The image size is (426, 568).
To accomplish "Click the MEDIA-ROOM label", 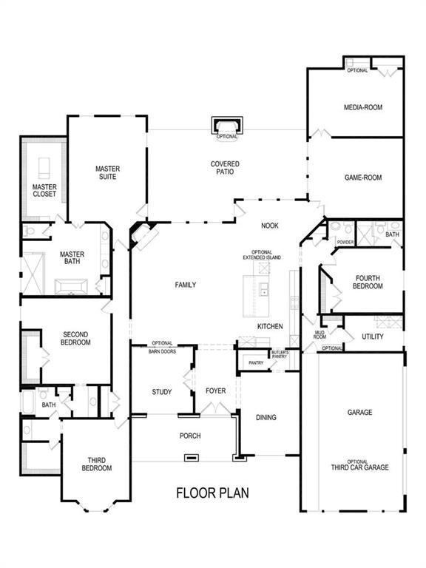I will pos(362,107).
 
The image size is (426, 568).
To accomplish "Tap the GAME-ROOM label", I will pos(362,177).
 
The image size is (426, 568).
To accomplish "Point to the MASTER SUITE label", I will pos(107,172).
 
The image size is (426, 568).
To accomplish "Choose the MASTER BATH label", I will pos(72,257).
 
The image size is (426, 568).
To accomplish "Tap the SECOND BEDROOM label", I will pos(75,339).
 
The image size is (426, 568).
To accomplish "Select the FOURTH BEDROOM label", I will pos(367,282).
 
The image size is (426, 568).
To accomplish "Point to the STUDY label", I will pos(162,392).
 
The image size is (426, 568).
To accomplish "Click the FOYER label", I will pos(215,392).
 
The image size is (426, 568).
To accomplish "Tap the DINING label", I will pos(266,418).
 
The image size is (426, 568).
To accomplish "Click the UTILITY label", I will pos(372,337).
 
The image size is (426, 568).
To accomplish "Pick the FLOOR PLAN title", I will pos(212,492).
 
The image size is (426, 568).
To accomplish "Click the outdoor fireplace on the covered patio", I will pos(226,126).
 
